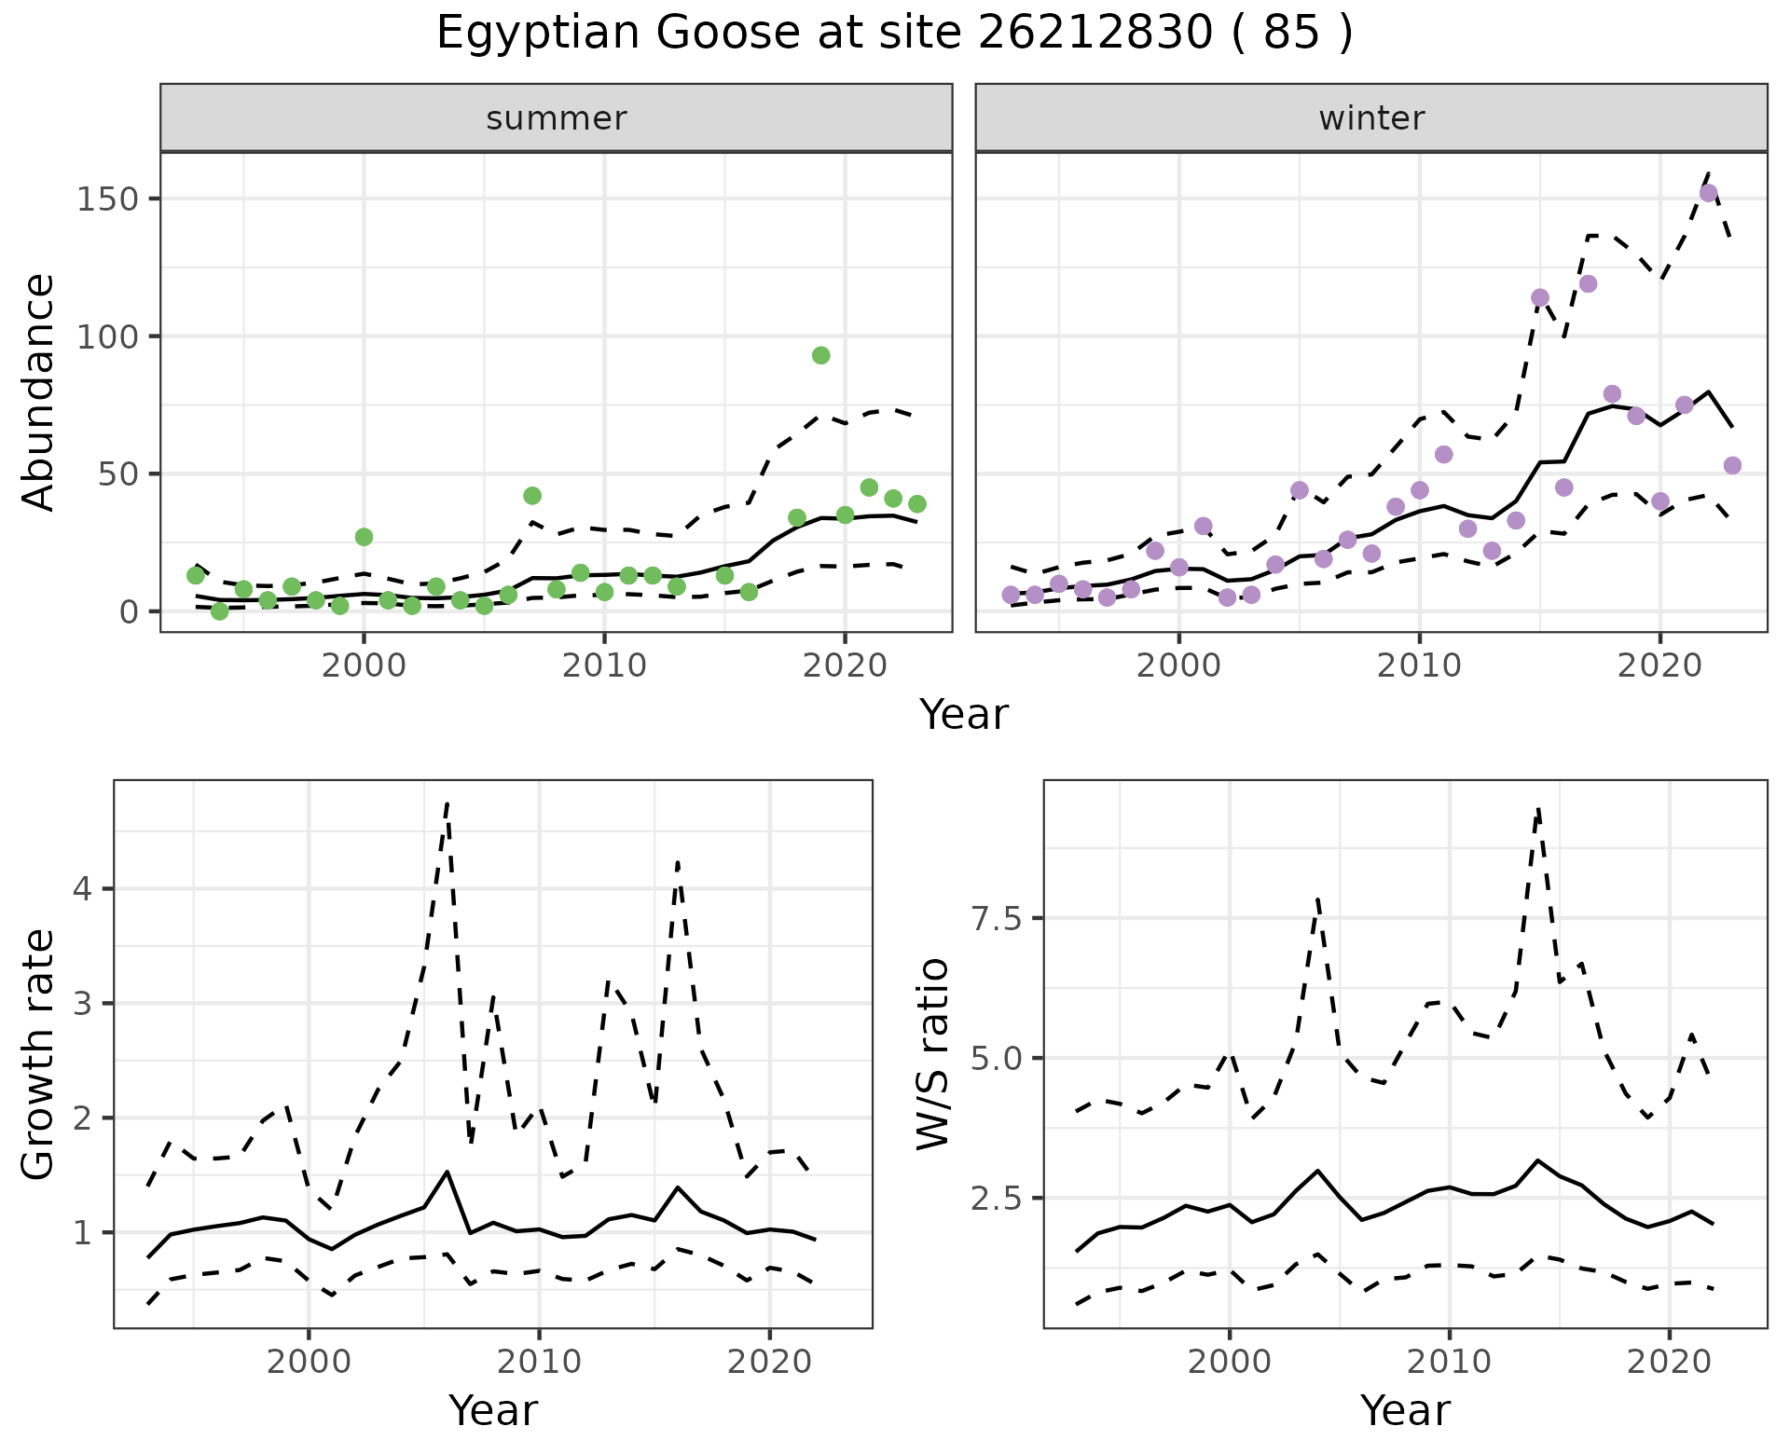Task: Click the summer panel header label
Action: point(556,118)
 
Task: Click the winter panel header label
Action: point(1370,118)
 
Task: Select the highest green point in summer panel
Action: point(820,355)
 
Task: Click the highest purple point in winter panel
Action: point(1708,194)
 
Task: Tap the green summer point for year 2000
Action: point(364,537)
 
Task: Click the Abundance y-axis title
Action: point(39,392)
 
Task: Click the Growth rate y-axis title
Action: point(39,1055)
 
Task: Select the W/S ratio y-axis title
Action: point(933,1054)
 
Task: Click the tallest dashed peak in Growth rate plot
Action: point(447,802)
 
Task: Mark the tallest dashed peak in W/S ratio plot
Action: point(1537,809)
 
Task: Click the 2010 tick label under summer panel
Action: point(604,666)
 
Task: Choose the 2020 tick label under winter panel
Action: point(1659,666)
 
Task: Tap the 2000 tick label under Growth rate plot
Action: point(309,1362)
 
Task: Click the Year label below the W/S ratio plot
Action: point(1405,1410)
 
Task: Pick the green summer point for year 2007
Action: point(532,496)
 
